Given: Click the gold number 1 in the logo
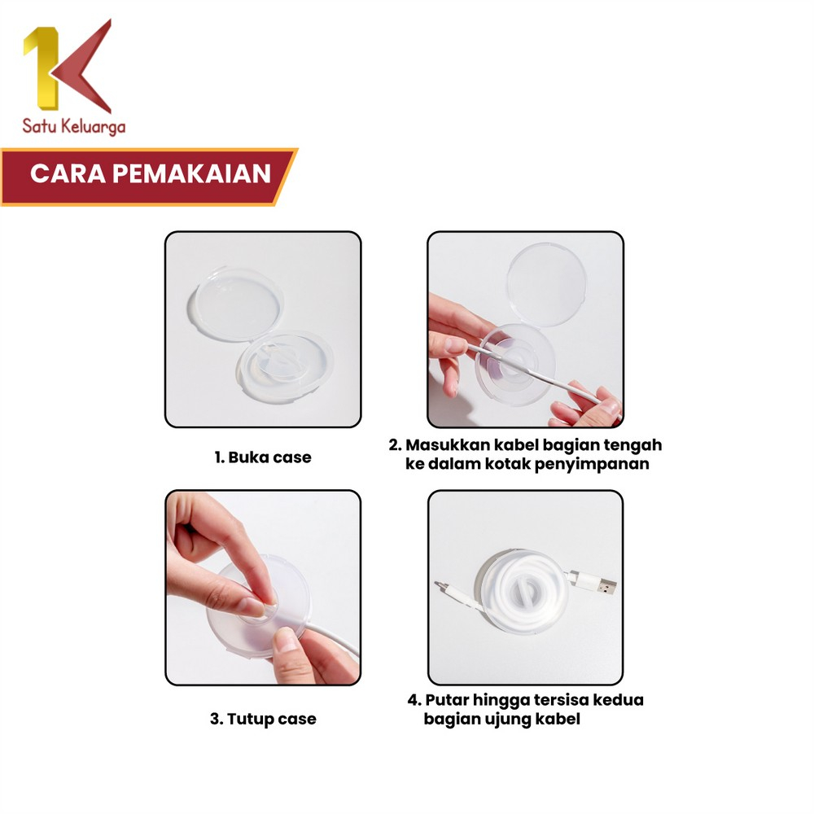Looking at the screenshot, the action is point(45,68).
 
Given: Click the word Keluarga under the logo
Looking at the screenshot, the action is point(93,127).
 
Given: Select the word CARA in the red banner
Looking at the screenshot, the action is point(68,173).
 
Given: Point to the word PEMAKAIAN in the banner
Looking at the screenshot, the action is point(191,173).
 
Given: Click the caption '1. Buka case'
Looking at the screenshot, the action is point(263,457).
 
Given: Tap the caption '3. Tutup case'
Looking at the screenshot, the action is point(263,719).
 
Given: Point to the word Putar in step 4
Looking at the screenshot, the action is point(447,700).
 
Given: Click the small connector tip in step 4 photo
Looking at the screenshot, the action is point(440,585).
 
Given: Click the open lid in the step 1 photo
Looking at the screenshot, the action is point(236,304).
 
